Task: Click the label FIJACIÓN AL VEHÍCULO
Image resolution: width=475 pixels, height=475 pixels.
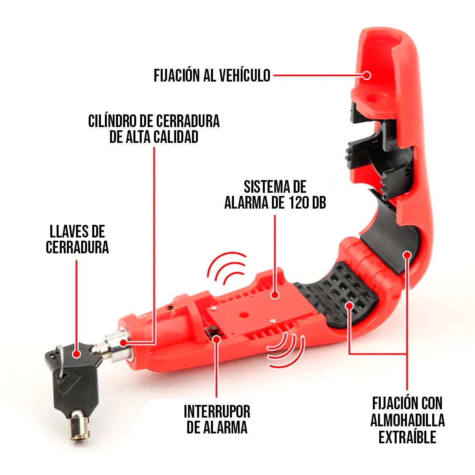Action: click(212, 75)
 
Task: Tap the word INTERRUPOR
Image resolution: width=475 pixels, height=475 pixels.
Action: click(217, 412)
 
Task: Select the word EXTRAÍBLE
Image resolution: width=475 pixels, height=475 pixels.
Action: click(407, 437)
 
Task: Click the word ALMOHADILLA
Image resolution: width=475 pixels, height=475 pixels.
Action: click(407, 420)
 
